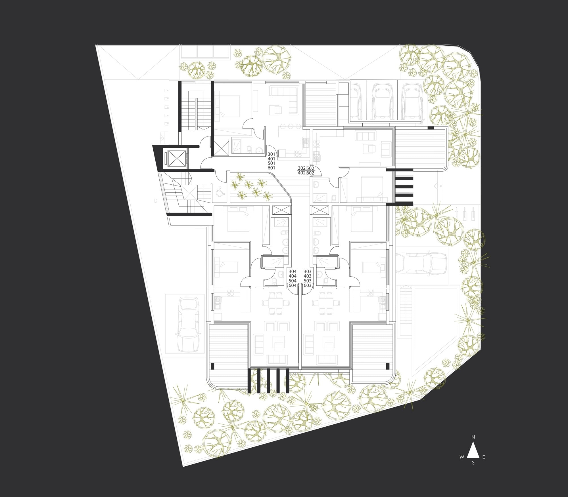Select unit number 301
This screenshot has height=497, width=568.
point(272,154)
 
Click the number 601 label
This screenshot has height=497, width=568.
point(272,168)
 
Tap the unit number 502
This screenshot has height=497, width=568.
point(310,168)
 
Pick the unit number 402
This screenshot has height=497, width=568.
point(301,173)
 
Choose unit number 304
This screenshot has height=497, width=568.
point(293,271)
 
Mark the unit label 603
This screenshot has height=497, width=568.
point(308,285)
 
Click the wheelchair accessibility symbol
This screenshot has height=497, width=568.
point(220,192)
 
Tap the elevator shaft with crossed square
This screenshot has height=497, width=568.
point(176,159)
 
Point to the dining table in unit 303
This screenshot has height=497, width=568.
point(326,303)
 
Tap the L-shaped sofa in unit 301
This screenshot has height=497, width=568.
point(284,99)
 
